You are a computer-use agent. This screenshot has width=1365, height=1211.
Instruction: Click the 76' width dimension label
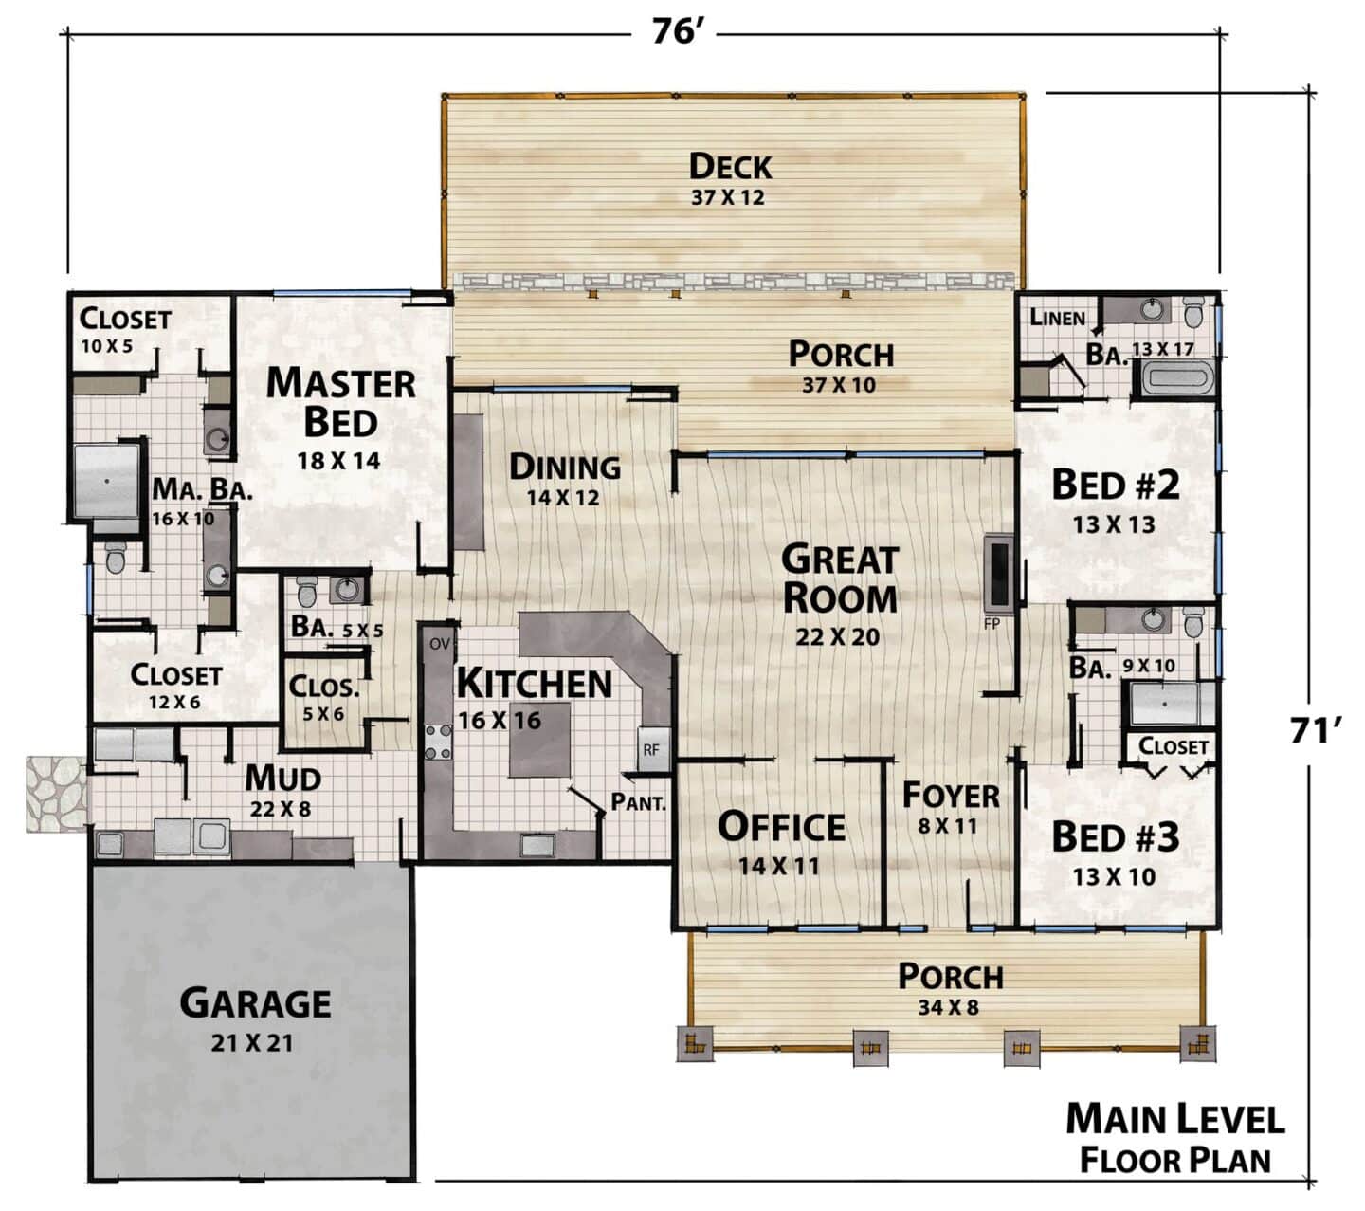pyautogui.click(x=674, y=31)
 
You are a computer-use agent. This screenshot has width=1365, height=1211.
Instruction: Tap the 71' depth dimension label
pyautogui.click(x=1315, y=730)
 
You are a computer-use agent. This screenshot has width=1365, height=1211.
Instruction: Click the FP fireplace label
pyautogui.click(x=992, y=624)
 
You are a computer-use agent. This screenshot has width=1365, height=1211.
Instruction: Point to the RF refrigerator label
pyautogui.click(x=651, y=750)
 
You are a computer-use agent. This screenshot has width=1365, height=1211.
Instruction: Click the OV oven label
pyautogui.click(x=439, y=644)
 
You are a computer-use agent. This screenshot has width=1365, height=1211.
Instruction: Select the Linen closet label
pyautogui.click(x=1057, y=318)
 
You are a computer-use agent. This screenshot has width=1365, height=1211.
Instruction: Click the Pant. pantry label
pyautogui.click(x=638, y=802)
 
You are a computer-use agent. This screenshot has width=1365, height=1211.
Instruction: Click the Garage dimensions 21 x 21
pyautogui.click(x=253, y=1043)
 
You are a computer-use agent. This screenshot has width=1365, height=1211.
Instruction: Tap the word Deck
pyautogui.click(x=730, y=167)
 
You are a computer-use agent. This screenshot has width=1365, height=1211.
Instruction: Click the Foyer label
pyautogui.click(x=951, y=796)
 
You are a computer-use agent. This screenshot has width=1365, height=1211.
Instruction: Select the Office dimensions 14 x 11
pyautogui.click(x=779, y=865)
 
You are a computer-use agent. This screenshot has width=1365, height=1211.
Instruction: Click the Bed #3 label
pyautogui.click(x=1115, y=837)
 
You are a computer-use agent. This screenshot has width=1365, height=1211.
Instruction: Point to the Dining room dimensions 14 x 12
pyautogui.click(x=562, y=497)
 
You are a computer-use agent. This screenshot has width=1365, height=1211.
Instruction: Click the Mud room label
pyautogui.click(x=282, y=779)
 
